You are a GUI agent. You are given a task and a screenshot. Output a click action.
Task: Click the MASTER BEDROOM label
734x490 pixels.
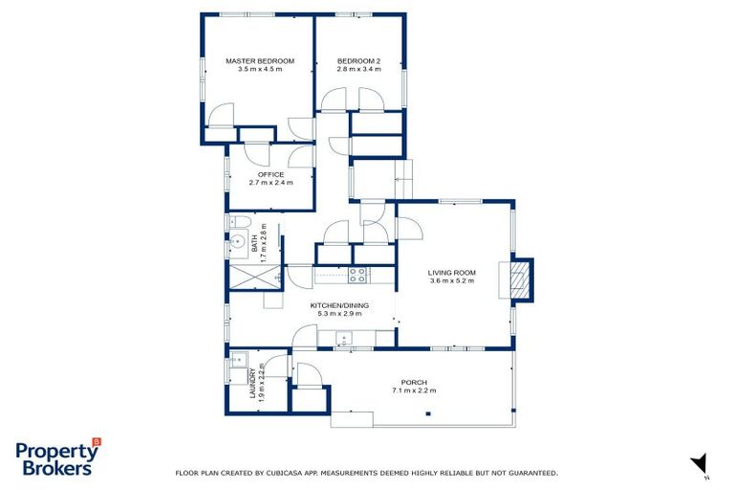[x=260, y=60]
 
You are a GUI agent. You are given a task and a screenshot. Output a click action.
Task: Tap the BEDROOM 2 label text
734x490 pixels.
[x=358, y=60]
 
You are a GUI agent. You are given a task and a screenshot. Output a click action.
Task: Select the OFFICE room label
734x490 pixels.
[x=270, y=174]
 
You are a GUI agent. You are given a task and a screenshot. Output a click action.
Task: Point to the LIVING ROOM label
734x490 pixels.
[x=452, y=272]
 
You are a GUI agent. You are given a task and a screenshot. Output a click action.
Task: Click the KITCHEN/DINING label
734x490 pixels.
[x=339, y=305]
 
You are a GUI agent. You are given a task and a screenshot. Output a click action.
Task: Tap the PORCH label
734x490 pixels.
[x=414, y=382]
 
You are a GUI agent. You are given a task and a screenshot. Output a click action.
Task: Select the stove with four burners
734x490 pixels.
[x=357, y=275]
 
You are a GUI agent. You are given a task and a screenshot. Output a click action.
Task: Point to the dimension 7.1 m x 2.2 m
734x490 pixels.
[x=414, y=390]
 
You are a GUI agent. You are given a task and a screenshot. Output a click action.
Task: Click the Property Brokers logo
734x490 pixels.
[x=57, y=457]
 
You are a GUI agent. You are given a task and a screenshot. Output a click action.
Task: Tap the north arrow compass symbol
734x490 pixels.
[x=700, y=462]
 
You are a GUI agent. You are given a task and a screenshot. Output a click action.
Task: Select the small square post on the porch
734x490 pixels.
[x=428, y=413]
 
